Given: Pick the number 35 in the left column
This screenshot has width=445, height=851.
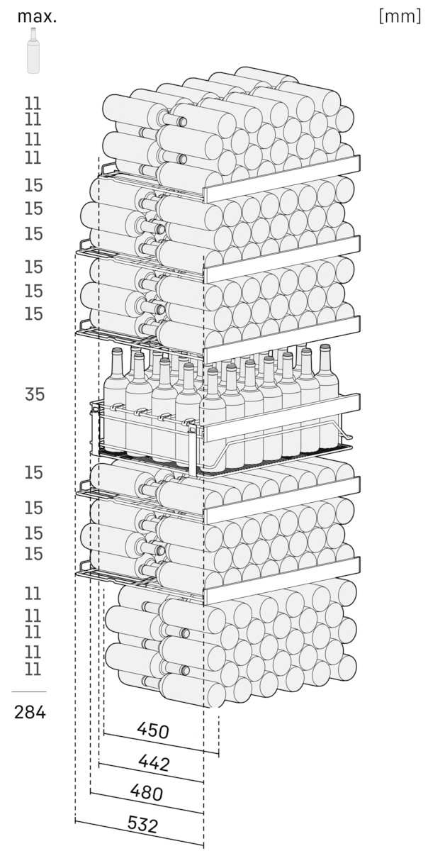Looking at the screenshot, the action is pyautogui.click(x=35, y=394).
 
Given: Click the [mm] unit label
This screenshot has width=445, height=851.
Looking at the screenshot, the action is pyautogui.click(x=400, y=16).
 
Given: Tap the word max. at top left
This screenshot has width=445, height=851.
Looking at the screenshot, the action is pyautogui.click(x=37, y=17).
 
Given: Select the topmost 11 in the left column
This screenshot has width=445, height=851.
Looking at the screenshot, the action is pyautogui.click(x=33, y=104).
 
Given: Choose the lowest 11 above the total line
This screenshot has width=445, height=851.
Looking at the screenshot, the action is pyautogui.click(x=33, y=669).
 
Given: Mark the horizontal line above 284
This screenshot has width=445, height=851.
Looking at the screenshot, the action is pyautogui.click(x=29, y=692).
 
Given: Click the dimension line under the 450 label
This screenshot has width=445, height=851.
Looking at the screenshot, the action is pyautogui.click(x=161, y=743).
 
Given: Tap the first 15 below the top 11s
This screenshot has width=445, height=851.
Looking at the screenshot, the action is pyautogui.click(x=33, y=185).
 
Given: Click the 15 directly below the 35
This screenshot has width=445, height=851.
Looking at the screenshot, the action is pyautogui.click(x=33, y=472).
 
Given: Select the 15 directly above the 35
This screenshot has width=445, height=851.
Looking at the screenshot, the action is pyautogui.click(x=33, y=313).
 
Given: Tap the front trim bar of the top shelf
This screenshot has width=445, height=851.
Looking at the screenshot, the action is pyautogui.click(x=282, y=179).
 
